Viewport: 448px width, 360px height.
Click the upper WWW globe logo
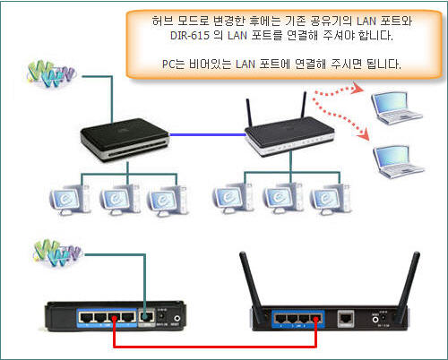[50, 74]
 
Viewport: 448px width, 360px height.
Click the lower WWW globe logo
[56, 253]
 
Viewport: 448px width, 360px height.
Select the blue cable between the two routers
[208, 135]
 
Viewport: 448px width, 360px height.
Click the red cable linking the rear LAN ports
[215, 347]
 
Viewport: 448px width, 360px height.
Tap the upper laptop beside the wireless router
[396, 108]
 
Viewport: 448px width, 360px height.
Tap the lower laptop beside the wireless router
[398, 162]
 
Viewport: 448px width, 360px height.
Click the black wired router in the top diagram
[125, 140]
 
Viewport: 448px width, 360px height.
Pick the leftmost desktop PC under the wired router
[70, 200]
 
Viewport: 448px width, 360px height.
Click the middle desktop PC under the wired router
[119, 200]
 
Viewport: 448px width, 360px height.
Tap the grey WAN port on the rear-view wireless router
[346, 318]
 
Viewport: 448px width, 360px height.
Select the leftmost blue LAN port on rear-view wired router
[86, 317]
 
